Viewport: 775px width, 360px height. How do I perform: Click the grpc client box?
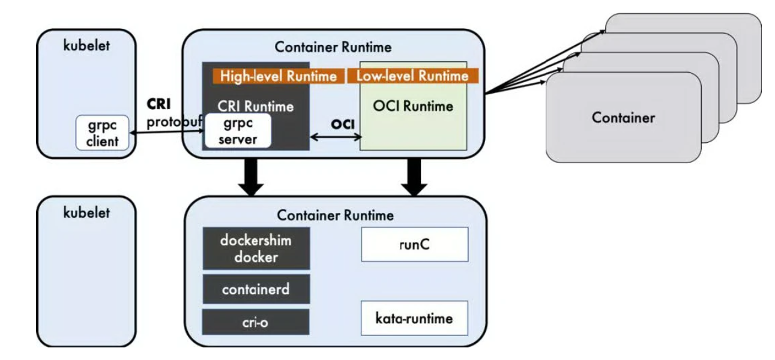click(102, 133)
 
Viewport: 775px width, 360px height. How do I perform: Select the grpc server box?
click(238, 131)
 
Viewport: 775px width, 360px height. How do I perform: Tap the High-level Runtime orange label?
click(279, 76)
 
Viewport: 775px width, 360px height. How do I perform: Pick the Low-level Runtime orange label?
click(412, 76)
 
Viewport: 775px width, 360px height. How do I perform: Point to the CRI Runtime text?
click(255, 107)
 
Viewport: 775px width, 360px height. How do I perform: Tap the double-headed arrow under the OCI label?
click(334, 138)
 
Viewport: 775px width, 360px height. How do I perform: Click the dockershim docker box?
click(256, 248)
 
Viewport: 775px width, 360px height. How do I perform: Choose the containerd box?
click(256, 289)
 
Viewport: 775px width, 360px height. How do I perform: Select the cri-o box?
click(256, 322)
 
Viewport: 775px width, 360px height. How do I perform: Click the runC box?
click(414, 244)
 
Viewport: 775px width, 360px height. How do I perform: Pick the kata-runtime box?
click(414, 318)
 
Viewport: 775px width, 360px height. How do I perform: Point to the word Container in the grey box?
click(623, 118)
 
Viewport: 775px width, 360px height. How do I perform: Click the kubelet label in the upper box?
click(86, 46)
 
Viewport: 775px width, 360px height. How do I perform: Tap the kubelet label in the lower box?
click(86, 212)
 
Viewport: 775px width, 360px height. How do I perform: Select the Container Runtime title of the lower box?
click(334, 215)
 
